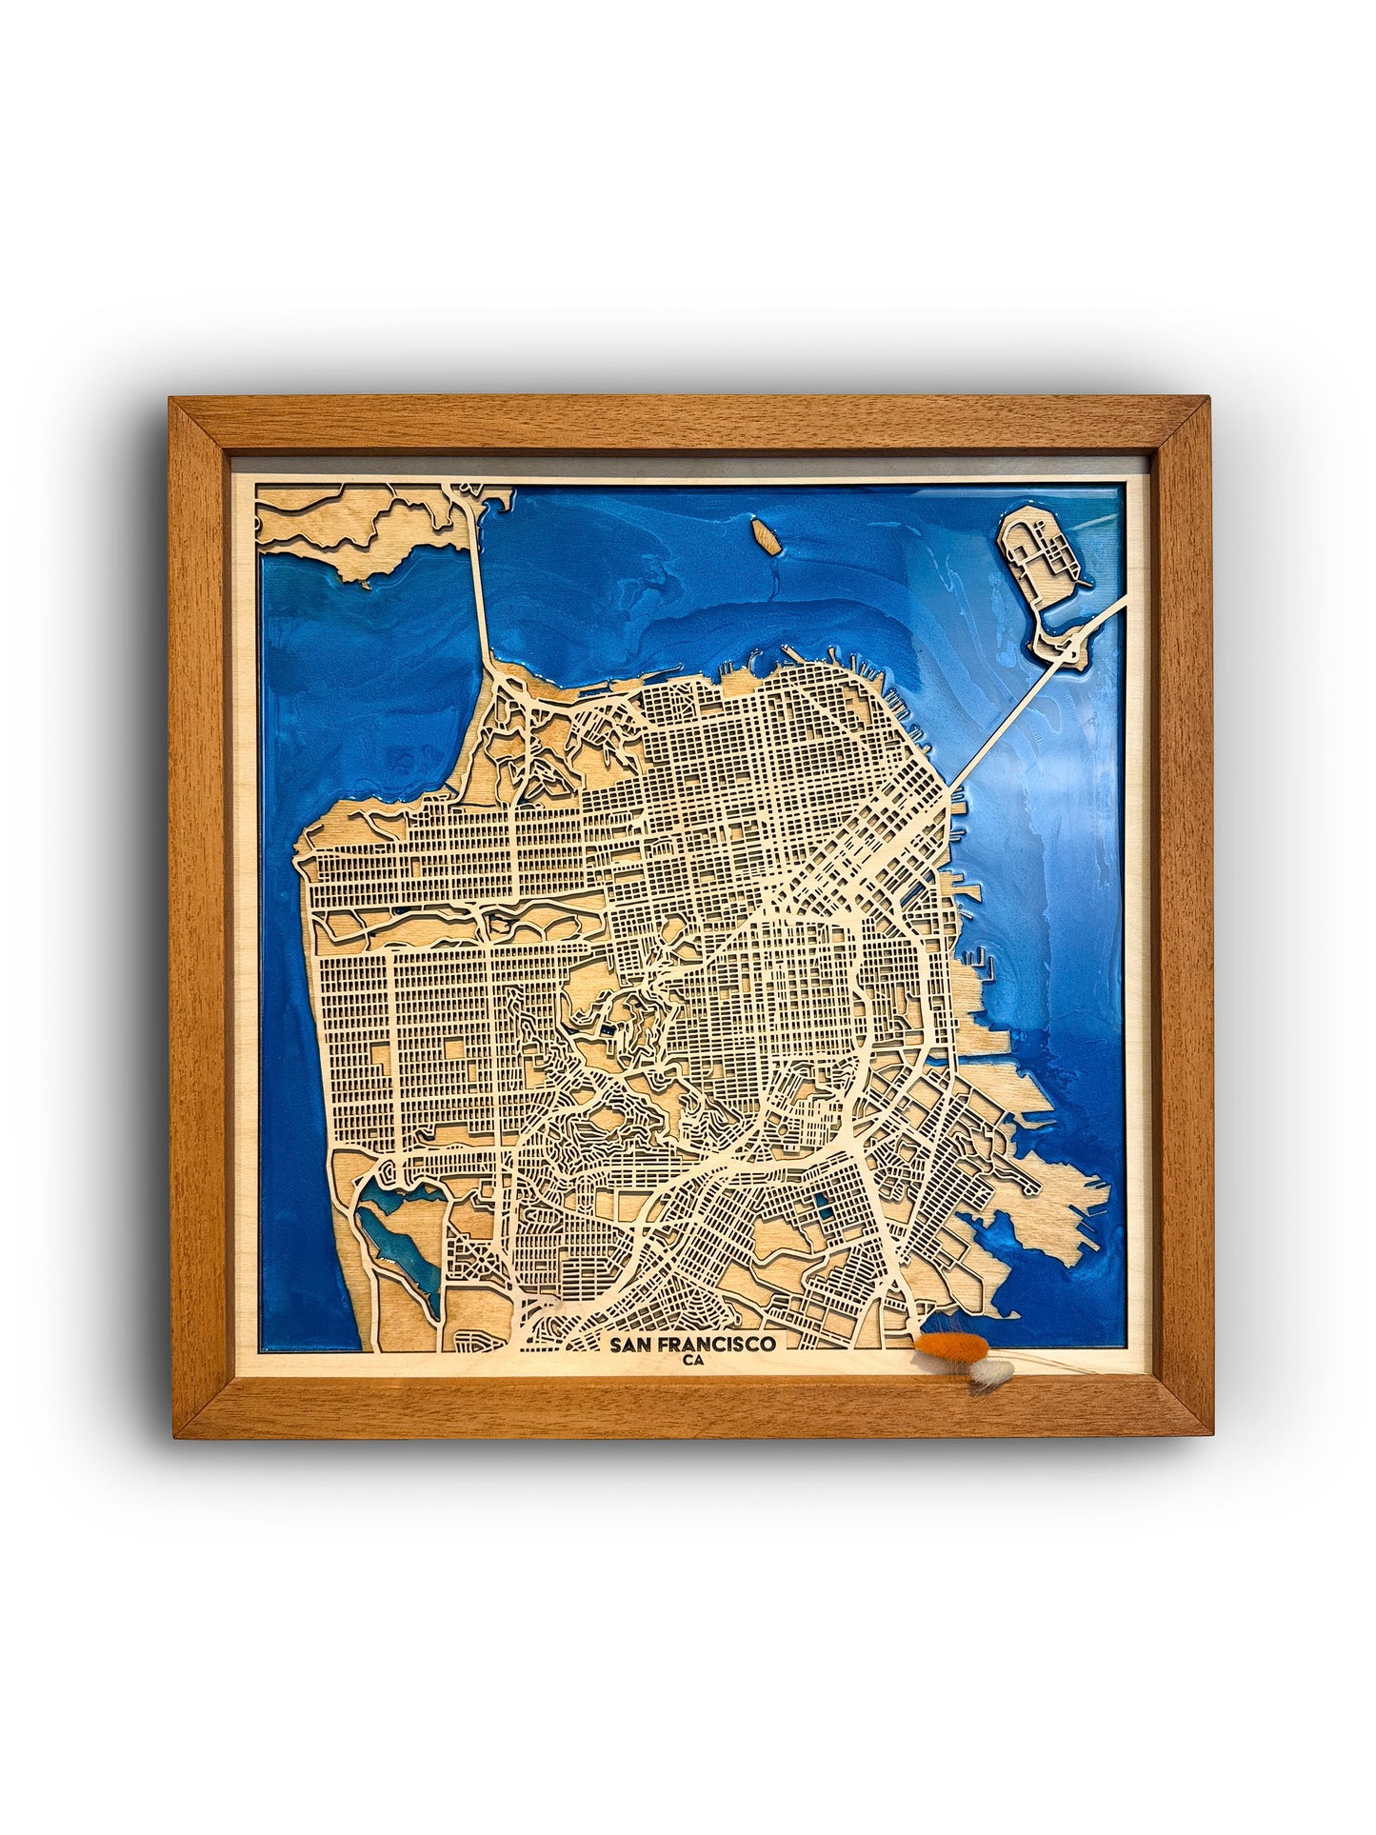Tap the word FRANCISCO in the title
(x=720, y=1344)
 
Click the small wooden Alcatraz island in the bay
(x=764, y=534)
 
